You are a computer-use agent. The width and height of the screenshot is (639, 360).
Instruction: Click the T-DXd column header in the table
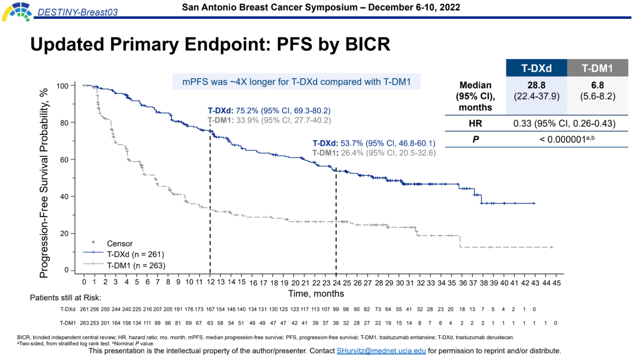point(536,68)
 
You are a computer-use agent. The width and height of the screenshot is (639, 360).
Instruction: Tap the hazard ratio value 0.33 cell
point(565,123)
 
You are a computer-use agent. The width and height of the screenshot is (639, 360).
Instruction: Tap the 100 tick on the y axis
point(62,86)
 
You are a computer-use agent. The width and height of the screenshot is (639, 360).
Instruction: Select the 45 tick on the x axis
point(557,282)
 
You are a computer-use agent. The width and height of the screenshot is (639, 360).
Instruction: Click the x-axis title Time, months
point(316,293)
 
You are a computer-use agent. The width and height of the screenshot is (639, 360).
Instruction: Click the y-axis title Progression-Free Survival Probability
point(44,178)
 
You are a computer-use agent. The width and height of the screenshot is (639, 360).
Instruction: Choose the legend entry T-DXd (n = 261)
point(131,253)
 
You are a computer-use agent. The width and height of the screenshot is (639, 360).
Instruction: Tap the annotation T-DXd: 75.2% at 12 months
point(269,111)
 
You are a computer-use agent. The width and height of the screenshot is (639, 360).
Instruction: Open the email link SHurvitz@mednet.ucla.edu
point(381,351)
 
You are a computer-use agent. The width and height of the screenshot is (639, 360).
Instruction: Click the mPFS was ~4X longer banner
point(296,82)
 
